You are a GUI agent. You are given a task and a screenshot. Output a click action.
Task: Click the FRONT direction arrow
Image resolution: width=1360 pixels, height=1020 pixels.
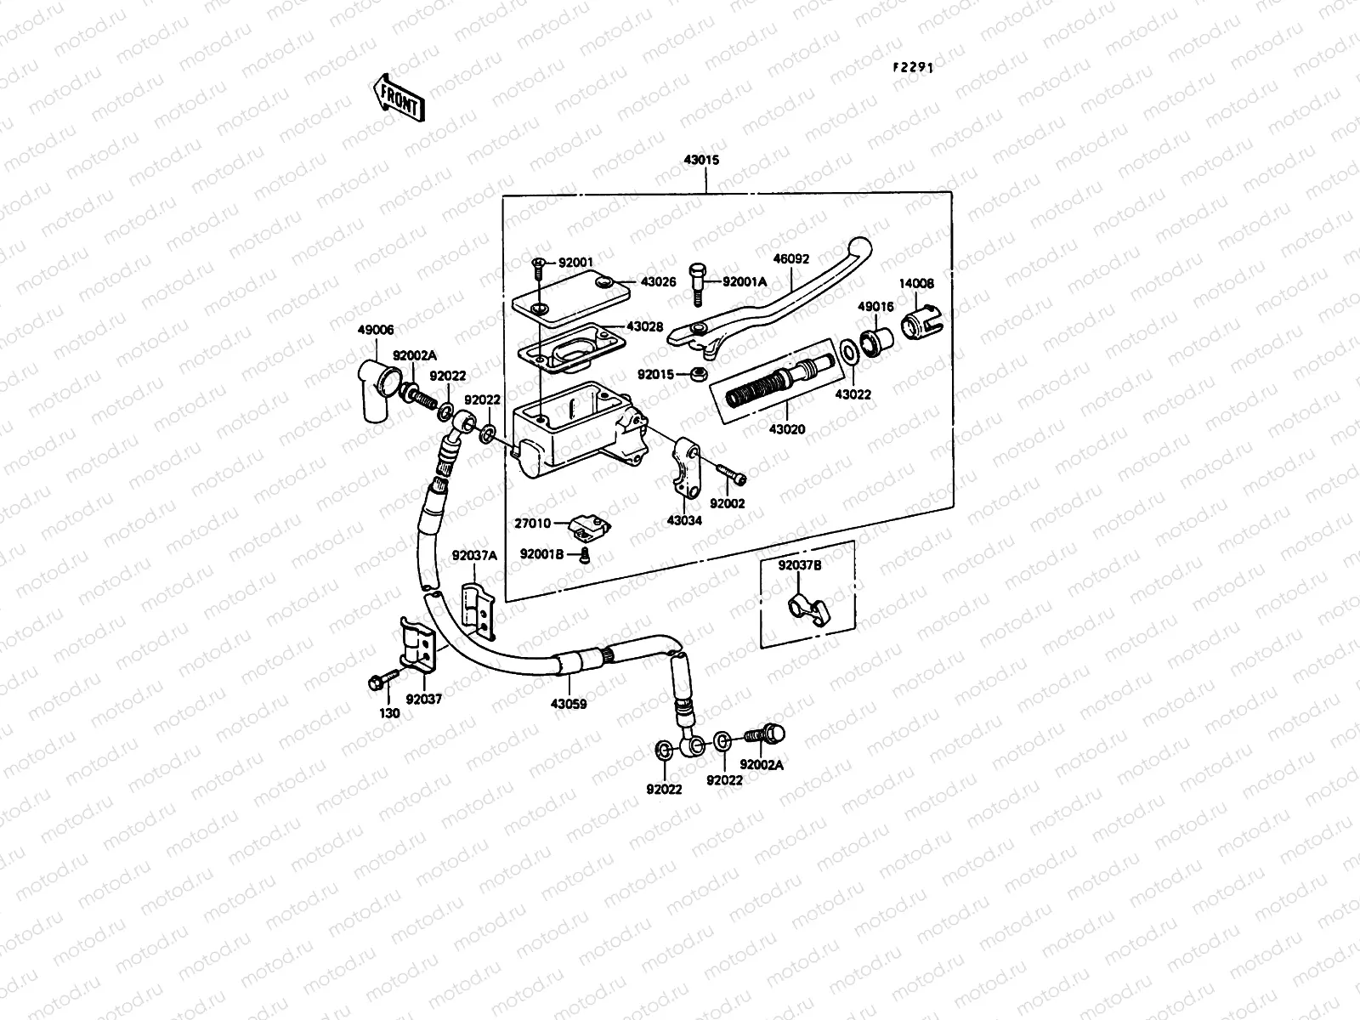pos(396,96)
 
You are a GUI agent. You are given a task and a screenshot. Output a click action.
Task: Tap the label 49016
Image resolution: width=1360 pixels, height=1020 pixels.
pos(875,307)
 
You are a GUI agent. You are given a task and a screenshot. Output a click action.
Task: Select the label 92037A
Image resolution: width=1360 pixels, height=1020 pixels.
pos(474,555)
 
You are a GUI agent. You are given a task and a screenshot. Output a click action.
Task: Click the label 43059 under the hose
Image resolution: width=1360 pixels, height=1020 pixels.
pos(569,704)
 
